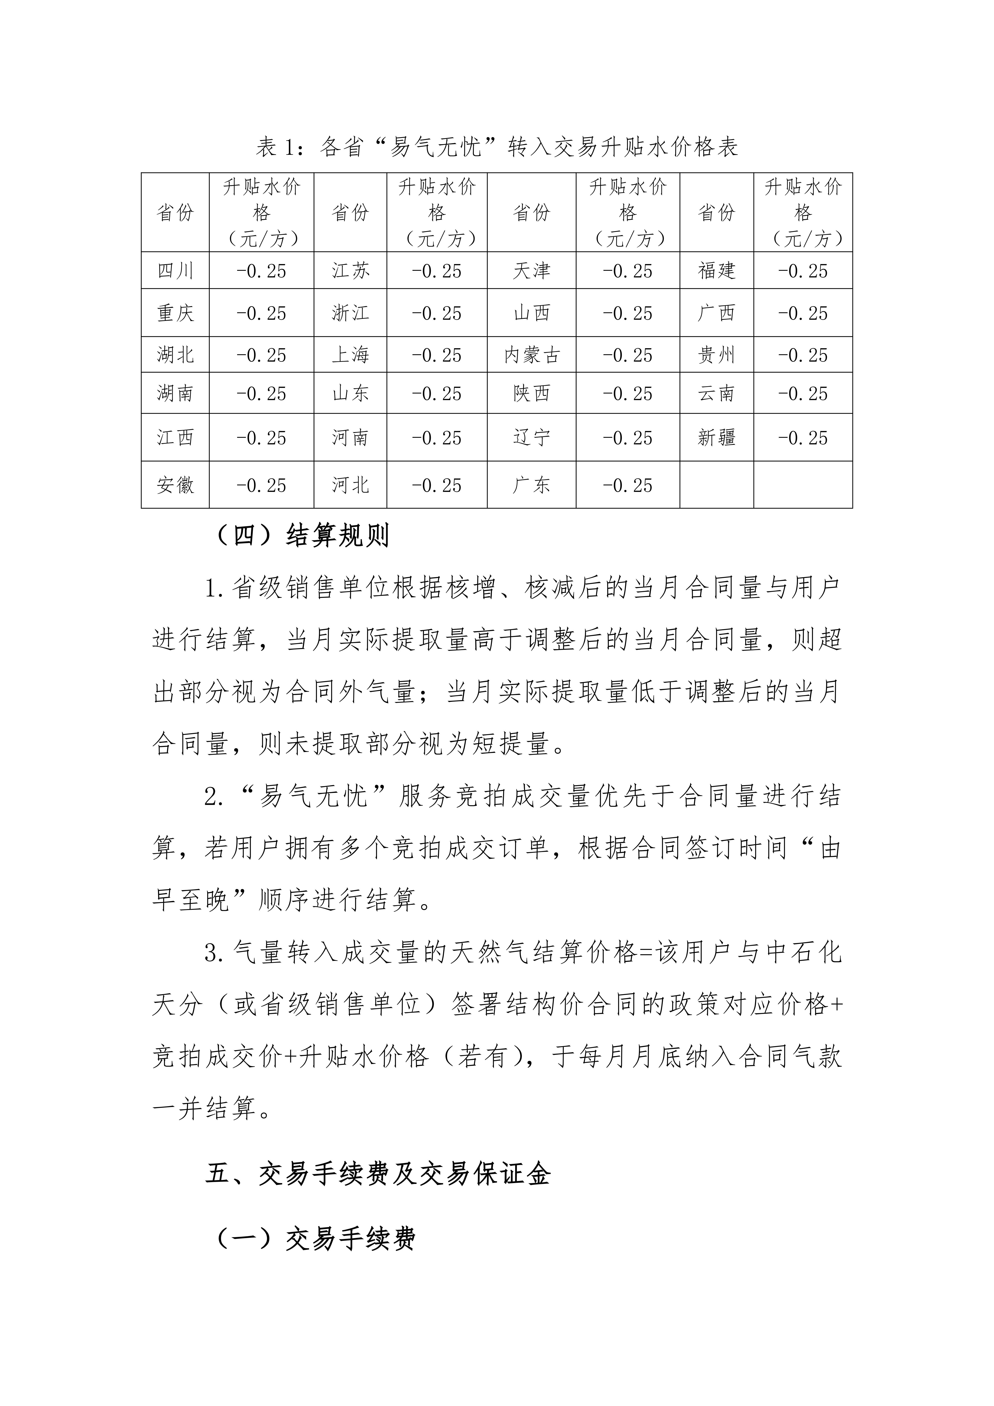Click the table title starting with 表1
coord(497,147)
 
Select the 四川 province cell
coord(175,271)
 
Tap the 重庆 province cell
coord(175,313)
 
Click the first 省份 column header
coord(175,213)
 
